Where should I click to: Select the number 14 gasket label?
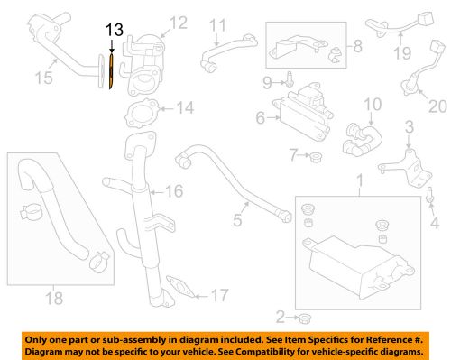[184, 109]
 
